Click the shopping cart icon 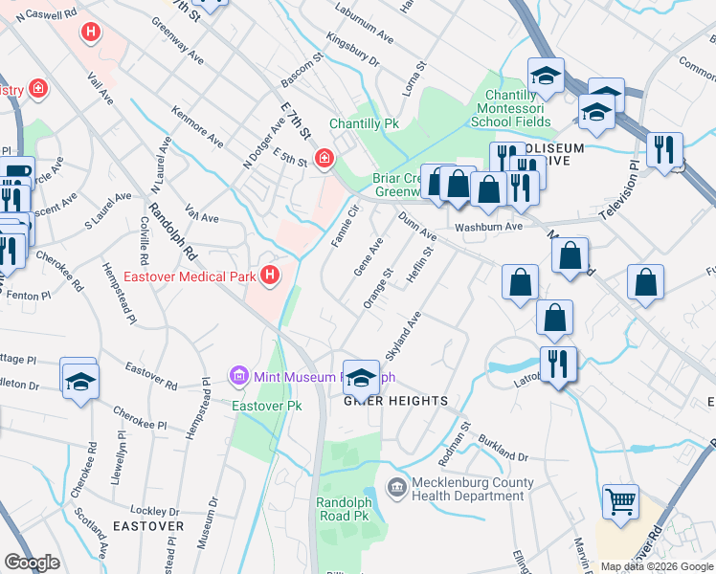tap(621, 500)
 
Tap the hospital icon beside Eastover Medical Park tap(270, 276)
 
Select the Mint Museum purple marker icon tap(239, 376)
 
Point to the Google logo tap(32, 563)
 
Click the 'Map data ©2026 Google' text tap(657, 566)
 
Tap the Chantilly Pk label tap(364, 124)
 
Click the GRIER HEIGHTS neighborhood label tap(396, 400)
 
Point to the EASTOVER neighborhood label tap(148, 526)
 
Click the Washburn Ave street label tap(488, 228)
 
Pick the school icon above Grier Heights tap(361, 376)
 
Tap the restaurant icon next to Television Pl tap(663, 150)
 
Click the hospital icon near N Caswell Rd tap(91, 33)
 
